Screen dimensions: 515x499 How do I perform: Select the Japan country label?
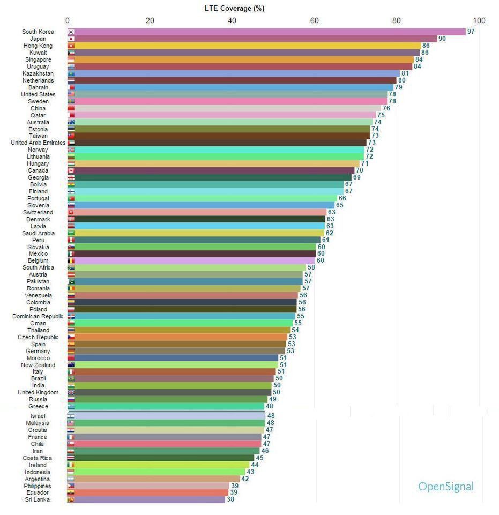tap(38, 39)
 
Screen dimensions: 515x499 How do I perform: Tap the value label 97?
tap(471, 32)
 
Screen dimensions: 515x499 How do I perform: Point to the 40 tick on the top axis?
tap(232, 21)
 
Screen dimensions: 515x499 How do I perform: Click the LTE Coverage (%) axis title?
tap(235, 9)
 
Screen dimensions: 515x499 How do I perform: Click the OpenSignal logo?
tap(445, 487)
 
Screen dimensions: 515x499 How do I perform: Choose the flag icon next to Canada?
tap(71, 170)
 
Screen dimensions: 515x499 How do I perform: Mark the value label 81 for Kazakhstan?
tap(405, 73)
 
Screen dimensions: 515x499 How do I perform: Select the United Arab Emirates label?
tap(38, 143)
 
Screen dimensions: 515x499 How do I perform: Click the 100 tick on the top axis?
tap(479, 21)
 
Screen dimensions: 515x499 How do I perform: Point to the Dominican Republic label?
tap(38, 316)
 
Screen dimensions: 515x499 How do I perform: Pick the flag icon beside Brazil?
tap(71, 378)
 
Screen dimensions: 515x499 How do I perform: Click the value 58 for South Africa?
tap(310, 267)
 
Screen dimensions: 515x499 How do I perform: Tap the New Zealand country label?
tap(38, 365)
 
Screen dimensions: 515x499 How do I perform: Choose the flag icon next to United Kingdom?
tap(71, 392)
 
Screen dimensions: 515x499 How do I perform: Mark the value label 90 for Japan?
tap(442, 39)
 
